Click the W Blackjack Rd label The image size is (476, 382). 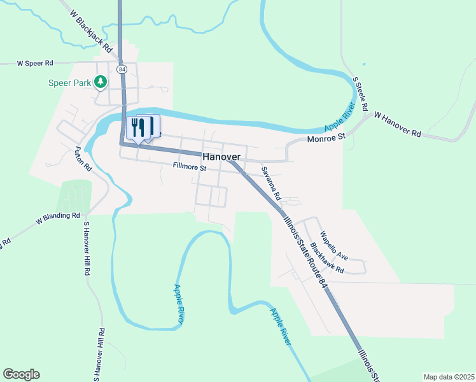pyautogui.click(x=90, y=31)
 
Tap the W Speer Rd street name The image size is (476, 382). pyautogui.click(x=35, y=63)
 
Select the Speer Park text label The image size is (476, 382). pyautogui.click(x=69, y=82)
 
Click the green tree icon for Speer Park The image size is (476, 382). pyautogui.click(x=100, y=81)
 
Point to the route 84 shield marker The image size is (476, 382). pyautogui.click(x=122, y=69)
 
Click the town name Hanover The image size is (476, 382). pyautogui.click(x=221, y=157)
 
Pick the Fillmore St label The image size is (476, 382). pyautogui.click(x=190, y=168)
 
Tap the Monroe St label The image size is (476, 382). pyautogui.click(x=325, y=138)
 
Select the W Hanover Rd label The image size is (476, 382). pyautogui.click(x=398, y=125)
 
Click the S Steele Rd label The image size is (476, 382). pyautogui.click(x=361, y=95)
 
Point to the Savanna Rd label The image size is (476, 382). pyautogui.click(x=271, y=184)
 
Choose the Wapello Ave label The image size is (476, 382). pyautogui.click(x=333, y=245)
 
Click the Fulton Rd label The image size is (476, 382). pyautogui.click(x=83, y=160)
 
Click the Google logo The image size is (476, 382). pyautogui.click(x=21, y=374)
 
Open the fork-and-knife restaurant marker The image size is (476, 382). pyautogui.click(x=138, y=127)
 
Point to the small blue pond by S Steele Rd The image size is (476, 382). pyautogui.click(x=364, y=64)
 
